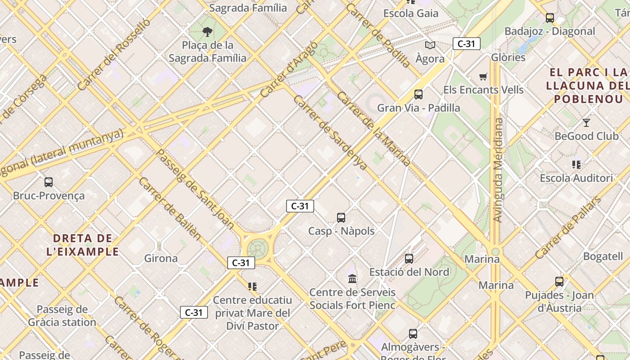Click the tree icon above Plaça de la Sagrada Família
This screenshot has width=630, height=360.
click(x=207, y=31)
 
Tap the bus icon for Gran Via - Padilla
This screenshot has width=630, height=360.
click(x=418, y=94)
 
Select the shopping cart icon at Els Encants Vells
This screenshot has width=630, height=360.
click(x=483, y=76)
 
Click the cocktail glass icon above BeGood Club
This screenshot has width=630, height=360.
click(x=586, y=122)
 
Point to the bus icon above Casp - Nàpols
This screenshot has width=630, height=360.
click(x=341, y=218)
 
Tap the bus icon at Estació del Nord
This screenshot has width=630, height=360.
click(x=409, y=259)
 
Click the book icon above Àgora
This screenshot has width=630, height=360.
click(x=430, y=45)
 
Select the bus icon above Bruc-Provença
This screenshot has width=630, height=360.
click(x=49, y=182)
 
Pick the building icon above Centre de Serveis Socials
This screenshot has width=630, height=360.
click(x=352, y=279)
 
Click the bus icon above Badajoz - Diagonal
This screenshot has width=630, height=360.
click(x=550, y=18)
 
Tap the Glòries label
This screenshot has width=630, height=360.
click(x=508, y=57)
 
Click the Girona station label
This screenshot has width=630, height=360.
click(x=161, y=258)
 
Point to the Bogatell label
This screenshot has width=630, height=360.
click(x=603, y=256)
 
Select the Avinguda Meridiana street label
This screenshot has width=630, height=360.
click(x=498, y=170)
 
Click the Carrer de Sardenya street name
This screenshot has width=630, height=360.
click(x=329, y=132)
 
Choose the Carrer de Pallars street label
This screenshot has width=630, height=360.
click(x=568, y=228)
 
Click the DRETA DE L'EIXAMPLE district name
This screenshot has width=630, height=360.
click(x=83, y=245)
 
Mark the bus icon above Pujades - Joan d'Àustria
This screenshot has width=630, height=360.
click(x=559, y=282)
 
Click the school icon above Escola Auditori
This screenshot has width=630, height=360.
click(x=576, y=165)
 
